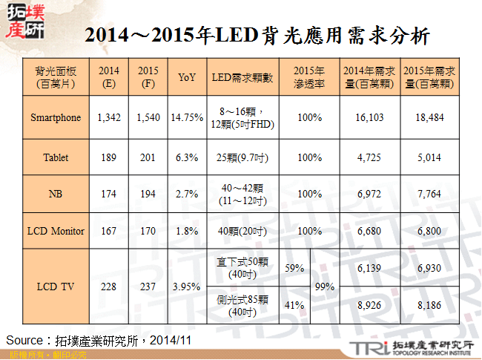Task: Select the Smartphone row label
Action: [56, 117]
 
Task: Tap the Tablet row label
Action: [56, 157]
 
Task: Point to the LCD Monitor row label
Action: [56, 231]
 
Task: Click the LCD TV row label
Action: [56, 286]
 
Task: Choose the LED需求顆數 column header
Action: [242, 77]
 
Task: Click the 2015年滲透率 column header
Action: [309, 77]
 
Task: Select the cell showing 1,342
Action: [109, 117]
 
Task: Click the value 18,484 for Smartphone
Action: [430, 117]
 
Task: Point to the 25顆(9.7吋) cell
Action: [242, 157]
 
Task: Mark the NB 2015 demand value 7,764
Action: [430, 194]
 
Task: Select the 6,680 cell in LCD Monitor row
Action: [369, 231]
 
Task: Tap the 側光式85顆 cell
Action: [242, 305]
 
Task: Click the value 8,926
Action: [369, 304]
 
